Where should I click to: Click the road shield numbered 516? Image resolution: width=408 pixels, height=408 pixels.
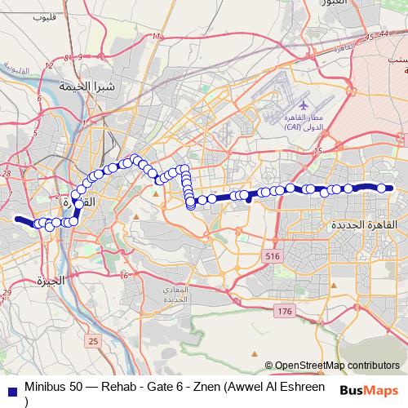(272, 257)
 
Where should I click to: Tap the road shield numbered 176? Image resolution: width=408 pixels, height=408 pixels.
(284, 312)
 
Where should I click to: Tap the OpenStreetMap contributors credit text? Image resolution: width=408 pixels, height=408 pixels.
(338, 365)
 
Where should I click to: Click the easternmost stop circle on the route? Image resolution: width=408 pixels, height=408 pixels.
(381, 188)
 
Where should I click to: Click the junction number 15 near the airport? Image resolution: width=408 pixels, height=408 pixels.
(318, 149)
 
